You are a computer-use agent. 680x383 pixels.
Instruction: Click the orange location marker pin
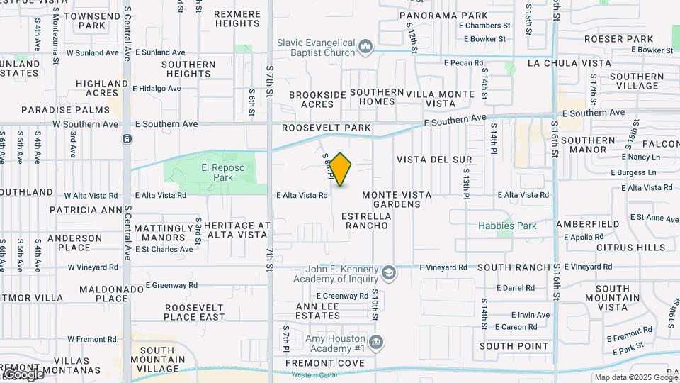coord(341,169)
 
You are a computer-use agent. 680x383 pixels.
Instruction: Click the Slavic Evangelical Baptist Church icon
coord(365,47)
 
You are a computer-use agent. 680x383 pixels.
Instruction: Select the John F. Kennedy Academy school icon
coord(388,273)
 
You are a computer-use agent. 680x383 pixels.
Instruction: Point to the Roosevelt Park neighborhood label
coord(326,128)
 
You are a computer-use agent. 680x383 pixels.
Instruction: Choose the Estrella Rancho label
coord(365,220)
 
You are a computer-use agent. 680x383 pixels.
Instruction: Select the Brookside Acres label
coord(312,99)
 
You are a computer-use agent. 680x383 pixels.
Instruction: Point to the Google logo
coord(23,374)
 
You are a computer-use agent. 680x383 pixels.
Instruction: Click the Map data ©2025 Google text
coord(635,377)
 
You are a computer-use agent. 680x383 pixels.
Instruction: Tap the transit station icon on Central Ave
coord(126,138)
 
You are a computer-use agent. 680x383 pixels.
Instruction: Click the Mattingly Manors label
coord(163,233)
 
